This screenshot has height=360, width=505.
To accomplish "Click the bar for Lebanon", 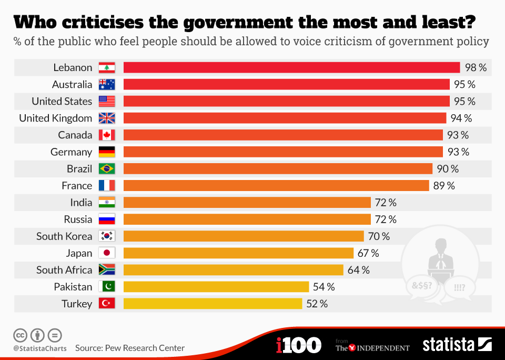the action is [x=292, y=68].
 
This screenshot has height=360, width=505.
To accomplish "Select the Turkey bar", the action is [x=213, y=304].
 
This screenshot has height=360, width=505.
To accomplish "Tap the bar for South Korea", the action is [x=244, y=236].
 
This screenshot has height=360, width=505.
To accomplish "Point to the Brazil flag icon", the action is [x=107, y=168].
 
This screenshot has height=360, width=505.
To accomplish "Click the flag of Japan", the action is [x=107, y=253].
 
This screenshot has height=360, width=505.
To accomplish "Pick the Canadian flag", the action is [x=107, y=135].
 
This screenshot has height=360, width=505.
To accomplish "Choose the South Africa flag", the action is [x=107, y=270].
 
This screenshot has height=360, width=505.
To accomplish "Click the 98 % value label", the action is [x=476, y=68].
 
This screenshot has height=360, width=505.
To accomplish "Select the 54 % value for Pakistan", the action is [x=324, y=287].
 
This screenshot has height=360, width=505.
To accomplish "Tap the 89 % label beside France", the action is [x=444, y=186].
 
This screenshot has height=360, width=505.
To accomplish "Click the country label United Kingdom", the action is [x=56, y=118].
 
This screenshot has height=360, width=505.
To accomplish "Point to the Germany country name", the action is [x=71, y=152].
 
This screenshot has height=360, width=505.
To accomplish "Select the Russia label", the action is [x=78, y=219].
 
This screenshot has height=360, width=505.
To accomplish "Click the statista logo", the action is [x=457, y=344].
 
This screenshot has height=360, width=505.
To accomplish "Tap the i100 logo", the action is [x=299, y=345].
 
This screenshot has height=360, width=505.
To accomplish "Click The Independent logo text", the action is [x=372, y=348].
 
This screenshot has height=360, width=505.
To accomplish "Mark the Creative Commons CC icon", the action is [x=20, y=335].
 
